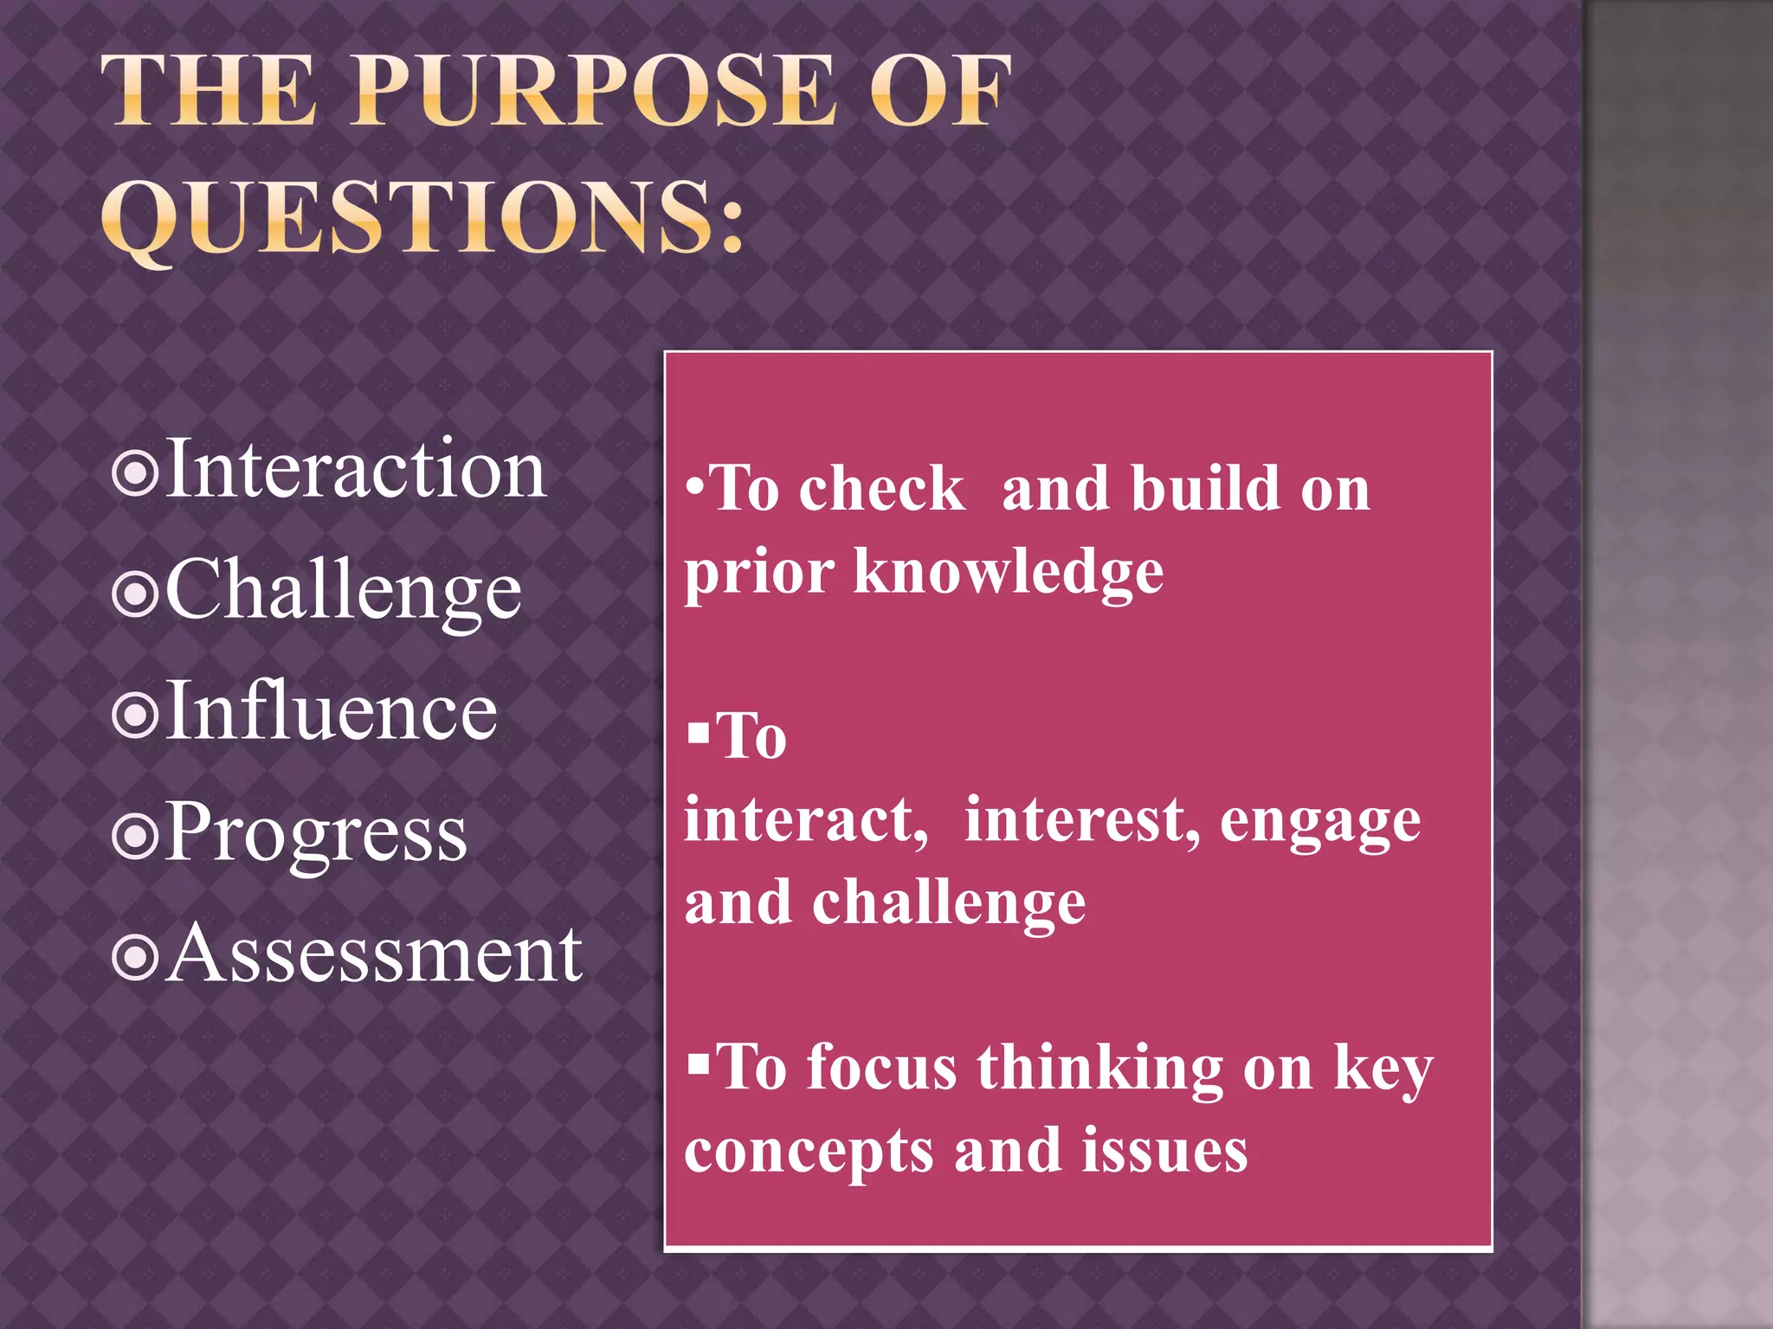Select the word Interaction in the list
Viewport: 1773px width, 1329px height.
tap(355, 469)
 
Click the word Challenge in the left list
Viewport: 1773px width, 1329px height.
tap(344, 590)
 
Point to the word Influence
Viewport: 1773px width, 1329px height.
tap(331, 711)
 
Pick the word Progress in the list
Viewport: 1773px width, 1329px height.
tap(316, 832)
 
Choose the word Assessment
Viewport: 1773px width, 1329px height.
tap(374, 953)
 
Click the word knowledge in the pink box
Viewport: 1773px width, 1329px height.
tap(1008, 573)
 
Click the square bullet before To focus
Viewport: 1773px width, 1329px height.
tap(698, 1061)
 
